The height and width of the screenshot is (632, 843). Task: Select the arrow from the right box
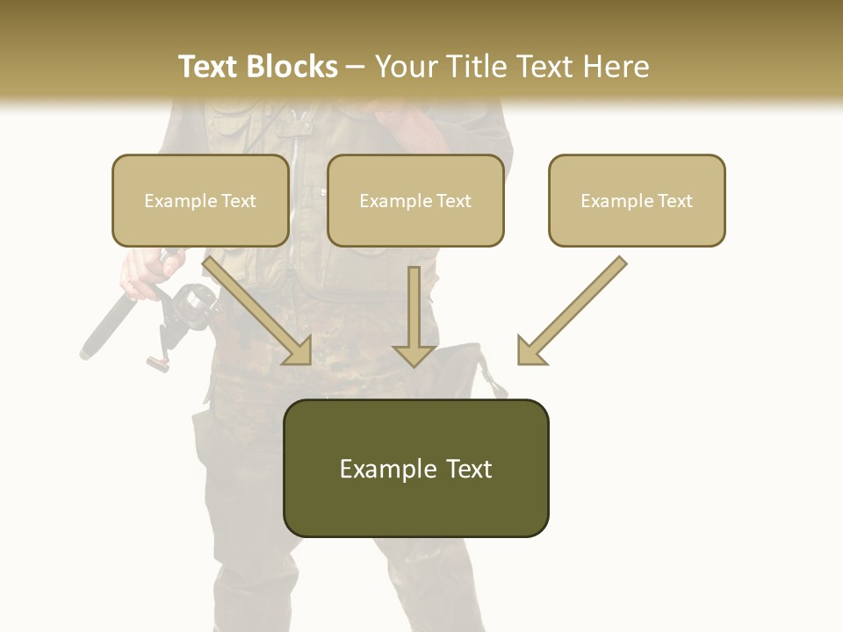[571, 311]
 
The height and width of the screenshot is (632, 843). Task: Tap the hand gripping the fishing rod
[140, 272]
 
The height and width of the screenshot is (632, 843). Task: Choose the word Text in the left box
[238, 201]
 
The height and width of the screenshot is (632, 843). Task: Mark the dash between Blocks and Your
[356, 68]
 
